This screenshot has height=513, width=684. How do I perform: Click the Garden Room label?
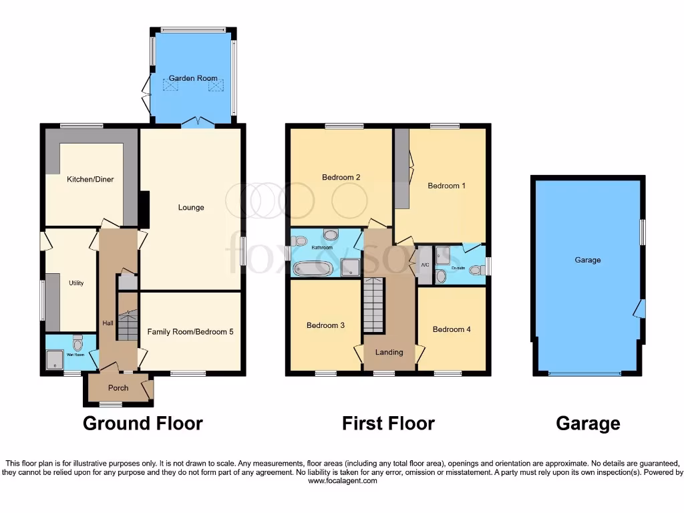pos(192,78)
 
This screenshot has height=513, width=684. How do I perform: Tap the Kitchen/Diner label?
pos(89,179)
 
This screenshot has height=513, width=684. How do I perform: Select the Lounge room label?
pos(191,207)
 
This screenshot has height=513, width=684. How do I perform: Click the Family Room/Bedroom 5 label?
pos(190,331)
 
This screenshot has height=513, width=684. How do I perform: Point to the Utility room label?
pos(76,283)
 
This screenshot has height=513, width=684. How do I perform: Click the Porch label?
pos(118,388)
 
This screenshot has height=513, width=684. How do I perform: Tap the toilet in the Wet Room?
pos(77,344)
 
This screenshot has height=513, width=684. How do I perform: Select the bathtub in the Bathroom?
pos(313,269)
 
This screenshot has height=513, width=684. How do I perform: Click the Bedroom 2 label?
pos(341,177)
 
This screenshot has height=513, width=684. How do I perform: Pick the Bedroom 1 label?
pos(447,185)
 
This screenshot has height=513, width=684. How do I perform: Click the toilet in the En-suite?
pos(475,270)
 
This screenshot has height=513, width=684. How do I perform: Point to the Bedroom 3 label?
pos(325,325)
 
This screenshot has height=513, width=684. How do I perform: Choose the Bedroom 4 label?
pos(452,329)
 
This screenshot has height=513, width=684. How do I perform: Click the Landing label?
pos(389,352)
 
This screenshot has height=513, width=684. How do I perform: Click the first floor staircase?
pos(374,305)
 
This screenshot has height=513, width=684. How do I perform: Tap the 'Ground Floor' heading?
pos(142,423)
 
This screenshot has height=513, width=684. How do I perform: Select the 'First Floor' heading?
pos(388,423)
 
